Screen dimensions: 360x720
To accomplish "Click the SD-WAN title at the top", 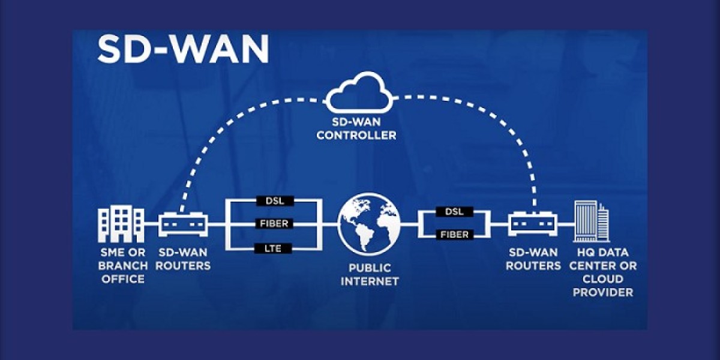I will (x=182, y=50).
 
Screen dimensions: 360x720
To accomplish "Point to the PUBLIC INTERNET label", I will (x=370, y=274).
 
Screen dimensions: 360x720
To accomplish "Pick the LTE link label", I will (x=274, y=247).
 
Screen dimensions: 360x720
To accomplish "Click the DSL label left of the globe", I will (x=274, y=201).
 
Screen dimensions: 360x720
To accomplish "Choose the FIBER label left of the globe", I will (x=274, y=224).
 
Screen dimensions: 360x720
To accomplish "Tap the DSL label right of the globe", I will (x=455, y=212).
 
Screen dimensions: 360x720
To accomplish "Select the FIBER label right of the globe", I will (x=455, y=235).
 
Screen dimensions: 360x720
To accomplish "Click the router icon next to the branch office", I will (x=183, y=224).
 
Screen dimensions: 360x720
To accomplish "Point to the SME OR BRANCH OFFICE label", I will (x=122, y=265).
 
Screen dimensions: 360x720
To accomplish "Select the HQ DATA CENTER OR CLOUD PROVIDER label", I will (x=603, y=272).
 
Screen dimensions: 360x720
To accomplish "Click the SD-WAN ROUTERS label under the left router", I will (x=183, y=259).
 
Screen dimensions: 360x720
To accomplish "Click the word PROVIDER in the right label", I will (x=603, y=292).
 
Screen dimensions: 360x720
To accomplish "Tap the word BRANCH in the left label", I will (x=123, y=265).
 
